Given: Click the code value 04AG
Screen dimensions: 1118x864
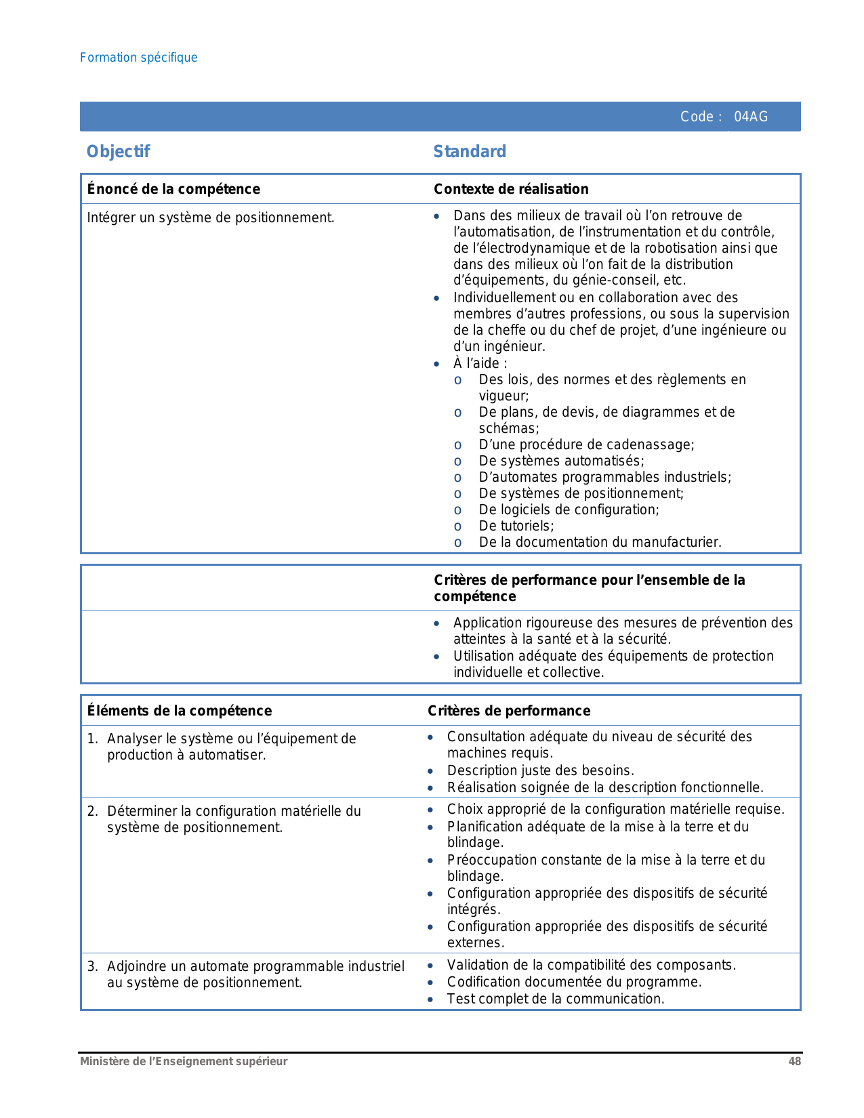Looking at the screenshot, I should click(x=751, y=117).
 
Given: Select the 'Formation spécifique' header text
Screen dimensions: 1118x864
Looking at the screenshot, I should click(x=138, y=58).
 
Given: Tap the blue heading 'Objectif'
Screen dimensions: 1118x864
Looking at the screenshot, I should click(x=118, y=152).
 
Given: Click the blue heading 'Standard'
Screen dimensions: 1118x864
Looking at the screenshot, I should click(x=470, y=152).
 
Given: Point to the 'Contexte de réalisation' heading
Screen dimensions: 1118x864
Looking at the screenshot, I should click(x=511, y=189).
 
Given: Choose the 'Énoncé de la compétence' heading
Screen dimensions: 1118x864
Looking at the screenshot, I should click(x=173, y=189).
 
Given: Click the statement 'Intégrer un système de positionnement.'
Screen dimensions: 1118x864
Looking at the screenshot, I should click(x=211, y=218).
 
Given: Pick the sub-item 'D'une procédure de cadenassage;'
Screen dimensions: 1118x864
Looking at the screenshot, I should click(x=586, y=444).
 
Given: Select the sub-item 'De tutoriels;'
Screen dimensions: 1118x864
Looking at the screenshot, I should click(x=516, y=526).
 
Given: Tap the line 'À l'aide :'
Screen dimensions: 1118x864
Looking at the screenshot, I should click(x=480, y=363).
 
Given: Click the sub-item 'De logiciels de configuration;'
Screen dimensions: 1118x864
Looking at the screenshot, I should click(x=569, y=510).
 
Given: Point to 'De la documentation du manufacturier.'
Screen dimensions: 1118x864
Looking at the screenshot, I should click(x=600, y=542).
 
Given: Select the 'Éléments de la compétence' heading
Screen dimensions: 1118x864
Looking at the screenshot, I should click(x=180, y=711).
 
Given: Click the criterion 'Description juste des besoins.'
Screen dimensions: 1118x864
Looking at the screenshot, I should click(x=540, y=770).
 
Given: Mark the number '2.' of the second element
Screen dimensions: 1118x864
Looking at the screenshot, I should click(x=93, y=811).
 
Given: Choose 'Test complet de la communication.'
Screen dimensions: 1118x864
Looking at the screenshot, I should click(x=556, y=999).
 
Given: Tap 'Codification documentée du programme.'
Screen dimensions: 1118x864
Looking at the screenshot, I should click(x=574, y=982).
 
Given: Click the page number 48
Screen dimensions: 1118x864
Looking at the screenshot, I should click(x=794, y=1062).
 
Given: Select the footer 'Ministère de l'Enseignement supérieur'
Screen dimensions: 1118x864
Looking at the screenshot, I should click(x=184, y=1062).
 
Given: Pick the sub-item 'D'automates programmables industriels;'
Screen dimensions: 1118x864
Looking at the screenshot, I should click(x=604, y=477).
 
